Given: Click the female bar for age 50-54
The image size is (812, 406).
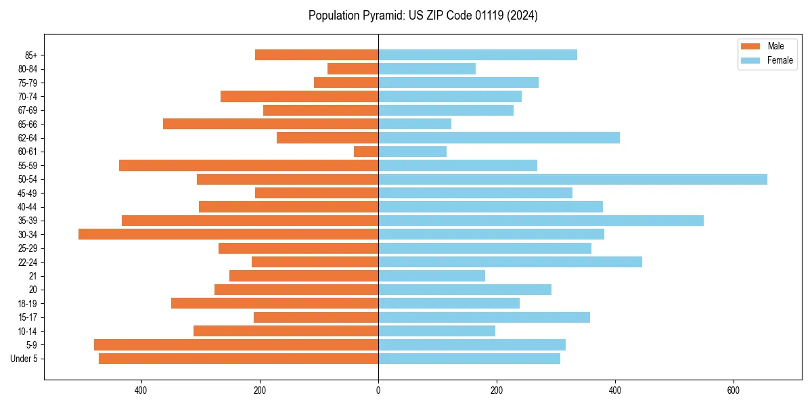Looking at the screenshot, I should pos(572,179).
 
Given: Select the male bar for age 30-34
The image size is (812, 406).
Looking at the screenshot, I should pos(228,234).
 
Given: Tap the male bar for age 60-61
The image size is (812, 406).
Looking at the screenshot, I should pos(366,152).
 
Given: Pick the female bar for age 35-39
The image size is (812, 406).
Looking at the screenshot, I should pos(541,221).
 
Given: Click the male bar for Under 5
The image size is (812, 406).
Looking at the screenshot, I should pos(238,359).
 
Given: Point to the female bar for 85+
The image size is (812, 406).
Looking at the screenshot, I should pos(478,55).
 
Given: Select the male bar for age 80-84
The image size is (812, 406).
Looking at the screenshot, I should pos(353,68).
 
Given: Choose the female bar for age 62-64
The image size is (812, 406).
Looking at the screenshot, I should pos(499,138).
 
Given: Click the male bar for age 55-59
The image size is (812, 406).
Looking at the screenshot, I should pos(248,165).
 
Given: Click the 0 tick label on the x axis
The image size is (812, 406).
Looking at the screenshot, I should pos(378,390).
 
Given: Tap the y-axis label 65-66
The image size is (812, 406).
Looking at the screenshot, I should pos(28,124).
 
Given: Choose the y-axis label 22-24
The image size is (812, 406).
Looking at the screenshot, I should pos(28,262).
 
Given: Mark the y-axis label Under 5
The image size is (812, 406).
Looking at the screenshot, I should pos(24,359).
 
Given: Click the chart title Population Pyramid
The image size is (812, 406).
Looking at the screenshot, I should pos(423,15).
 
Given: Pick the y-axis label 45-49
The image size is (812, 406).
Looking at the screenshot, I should pos(28,193).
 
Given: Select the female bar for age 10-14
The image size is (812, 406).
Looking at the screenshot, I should pos(436,331).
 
